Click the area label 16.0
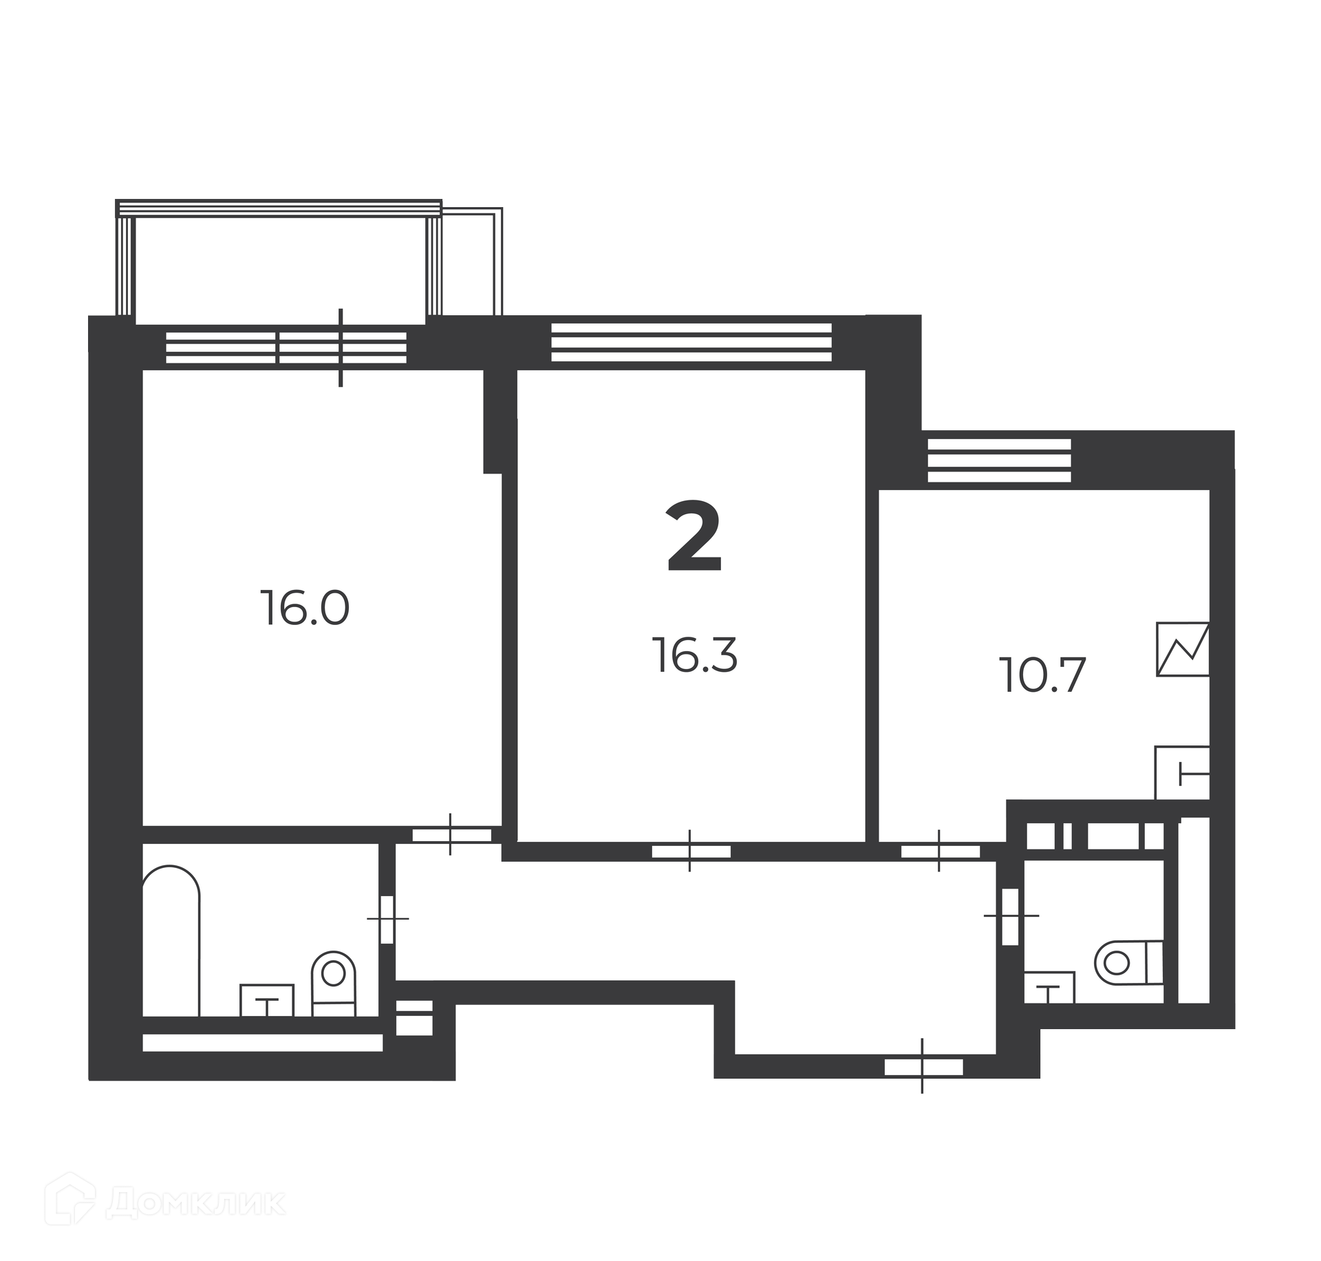click(x=305, y=608)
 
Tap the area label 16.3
click(x=695, y=655)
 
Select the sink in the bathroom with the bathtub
click(x=267, y=1000)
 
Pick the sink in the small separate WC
click(x=1049, y=987)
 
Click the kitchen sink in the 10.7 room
click(x=1182, y=773)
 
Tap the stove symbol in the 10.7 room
click(x=1183, y=649)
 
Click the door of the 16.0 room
click(x=451, y=835)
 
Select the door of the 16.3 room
click(x=690, y=851)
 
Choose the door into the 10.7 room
click(x=940, y=851)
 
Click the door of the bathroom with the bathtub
click(x=387, y=919)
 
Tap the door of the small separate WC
click(x=1011, y=916)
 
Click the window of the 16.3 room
click(x=691, y=342)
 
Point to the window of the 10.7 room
click(x=999, y=460)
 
